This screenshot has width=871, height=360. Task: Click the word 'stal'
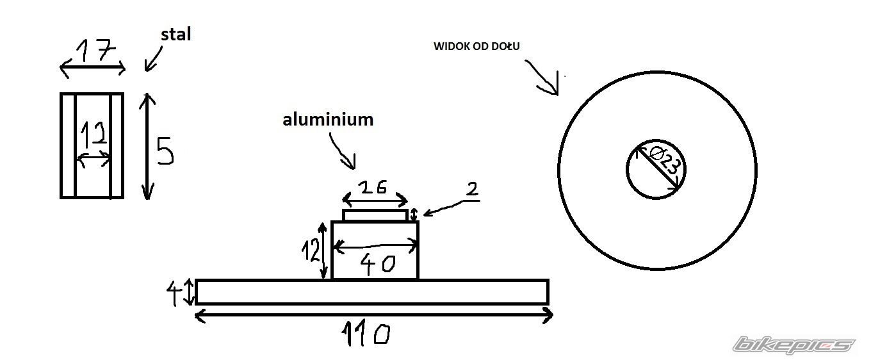point(175,35)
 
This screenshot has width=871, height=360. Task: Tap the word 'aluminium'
point(328,119)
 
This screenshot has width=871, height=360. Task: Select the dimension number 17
point(95,49)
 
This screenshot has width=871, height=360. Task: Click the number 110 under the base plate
point(366,334)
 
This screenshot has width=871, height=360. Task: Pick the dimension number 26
point(373,187)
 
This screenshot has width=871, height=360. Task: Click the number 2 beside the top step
point(471,189)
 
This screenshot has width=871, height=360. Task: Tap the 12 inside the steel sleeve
point(94,135)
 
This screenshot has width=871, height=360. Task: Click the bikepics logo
point(794,345)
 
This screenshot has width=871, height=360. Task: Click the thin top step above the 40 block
point(375,215)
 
